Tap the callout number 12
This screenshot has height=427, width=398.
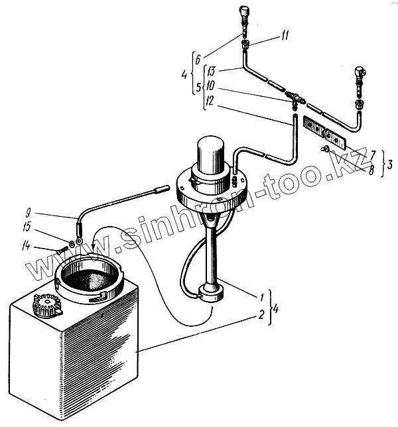211,100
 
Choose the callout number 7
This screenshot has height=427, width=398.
372,153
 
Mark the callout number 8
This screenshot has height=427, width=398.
372,170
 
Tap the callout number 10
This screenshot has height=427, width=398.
211,85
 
